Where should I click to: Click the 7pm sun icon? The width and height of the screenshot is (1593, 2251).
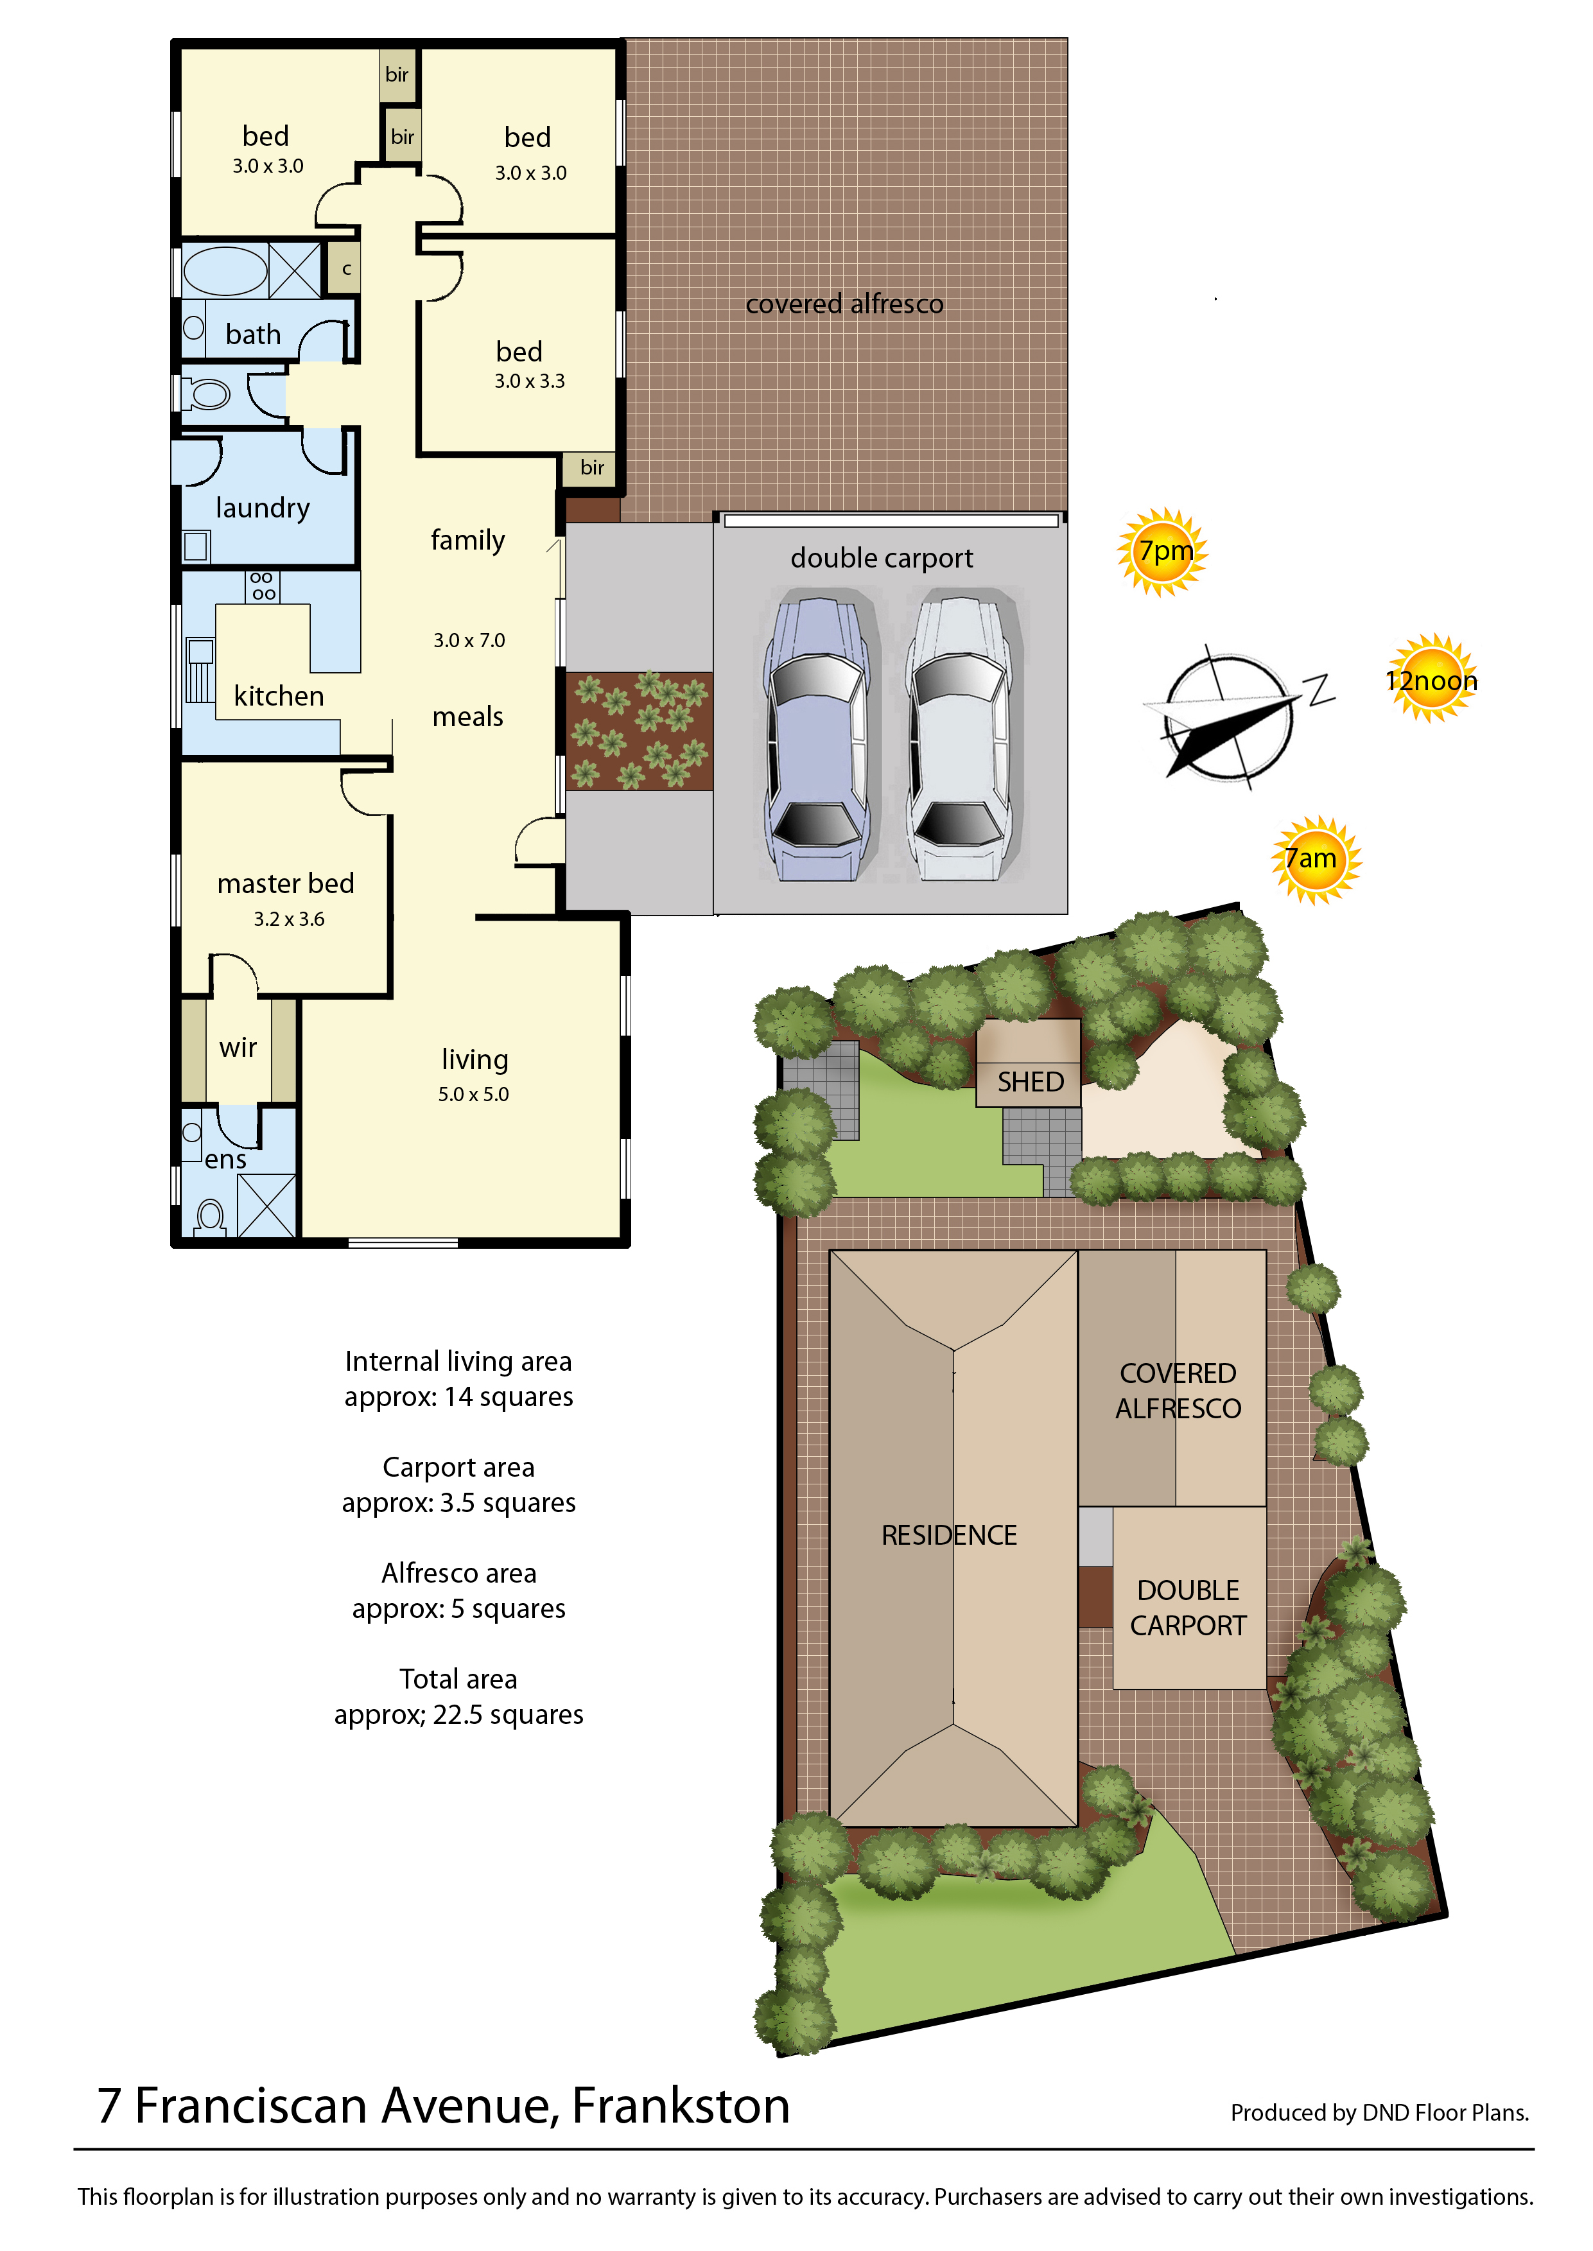click(1162, 552)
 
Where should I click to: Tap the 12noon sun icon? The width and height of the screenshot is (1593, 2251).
click(1432, 678)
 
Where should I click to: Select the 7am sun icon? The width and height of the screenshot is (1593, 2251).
click(1316, 859)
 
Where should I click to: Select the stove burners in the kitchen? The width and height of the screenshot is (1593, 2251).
click(263, 586)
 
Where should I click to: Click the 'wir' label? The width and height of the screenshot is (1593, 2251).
click(238, 1048)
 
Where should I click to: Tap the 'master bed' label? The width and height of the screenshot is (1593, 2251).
click(286, 883)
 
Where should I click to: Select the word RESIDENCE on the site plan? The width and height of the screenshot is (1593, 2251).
click(948, 1535)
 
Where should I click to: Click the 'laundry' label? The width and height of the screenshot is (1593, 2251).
click(262, 507)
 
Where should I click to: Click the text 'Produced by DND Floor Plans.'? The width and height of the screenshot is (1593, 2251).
click(1380, 2113)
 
